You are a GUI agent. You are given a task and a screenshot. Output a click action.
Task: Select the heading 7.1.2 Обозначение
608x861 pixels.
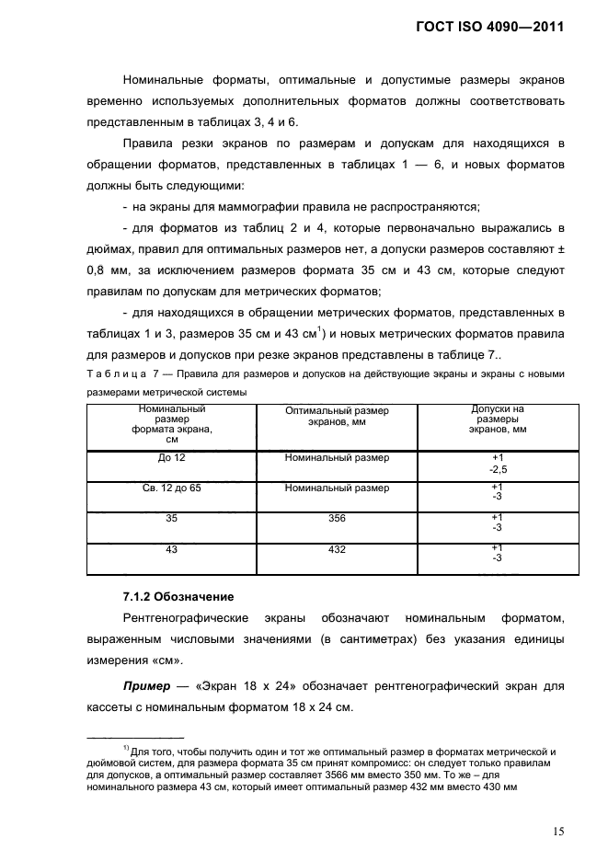pyautogui.click(x=178, y=596)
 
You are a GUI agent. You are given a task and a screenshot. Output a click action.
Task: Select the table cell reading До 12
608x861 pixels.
pyautogui.click(x=171, y=458)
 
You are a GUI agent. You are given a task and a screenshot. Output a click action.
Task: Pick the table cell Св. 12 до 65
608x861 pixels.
pyautogui.click(x=171, y=488)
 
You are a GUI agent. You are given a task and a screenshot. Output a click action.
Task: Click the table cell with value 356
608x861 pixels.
pyautogui.click(x=337, y=518)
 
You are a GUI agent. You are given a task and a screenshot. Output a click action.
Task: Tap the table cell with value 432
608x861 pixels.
pyautogui.click(x=337, y=548)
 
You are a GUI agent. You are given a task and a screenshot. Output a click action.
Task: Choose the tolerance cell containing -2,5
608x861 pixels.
pyautogui.click(x=497, y=469)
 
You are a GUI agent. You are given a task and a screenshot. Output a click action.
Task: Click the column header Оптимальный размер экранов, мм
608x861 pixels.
pyautogui.click(x=337, y=416)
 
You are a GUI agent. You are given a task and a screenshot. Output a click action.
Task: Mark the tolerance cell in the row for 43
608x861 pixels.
pyautogui.click(x=497, y=553)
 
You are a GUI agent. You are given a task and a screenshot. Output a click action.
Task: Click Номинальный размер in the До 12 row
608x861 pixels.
pyautogui.click(x=337, y=458)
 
